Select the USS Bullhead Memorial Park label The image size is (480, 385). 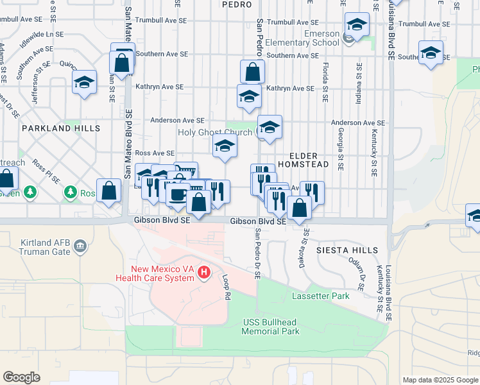[x=271, y=327]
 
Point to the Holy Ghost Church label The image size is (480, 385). [x=216, y=132]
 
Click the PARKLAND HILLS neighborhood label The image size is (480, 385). [x=61, y=128]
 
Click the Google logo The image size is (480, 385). [x=22, y=377]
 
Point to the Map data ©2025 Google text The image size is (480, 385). [x=440, y=380]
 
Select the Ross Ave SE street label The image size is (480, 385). [x=155, y=153]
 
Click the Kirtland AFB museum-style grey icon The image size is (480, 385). [x=80, y=246]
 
